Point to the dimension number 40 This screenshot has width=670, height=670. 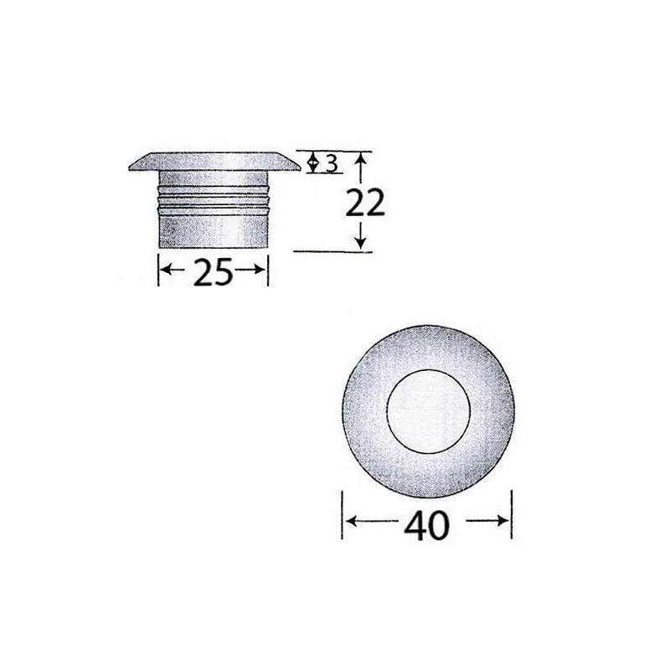pos(427,524)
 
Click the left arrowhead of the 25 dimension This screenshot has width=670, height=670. pos(165,271)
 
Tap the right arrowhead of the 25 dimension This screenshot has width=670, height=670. pos(261,271)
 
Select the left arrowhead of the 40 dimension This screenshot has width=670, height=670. pos(350,522)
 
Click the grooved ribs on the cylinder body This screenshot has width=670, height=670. pos(213,199)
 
